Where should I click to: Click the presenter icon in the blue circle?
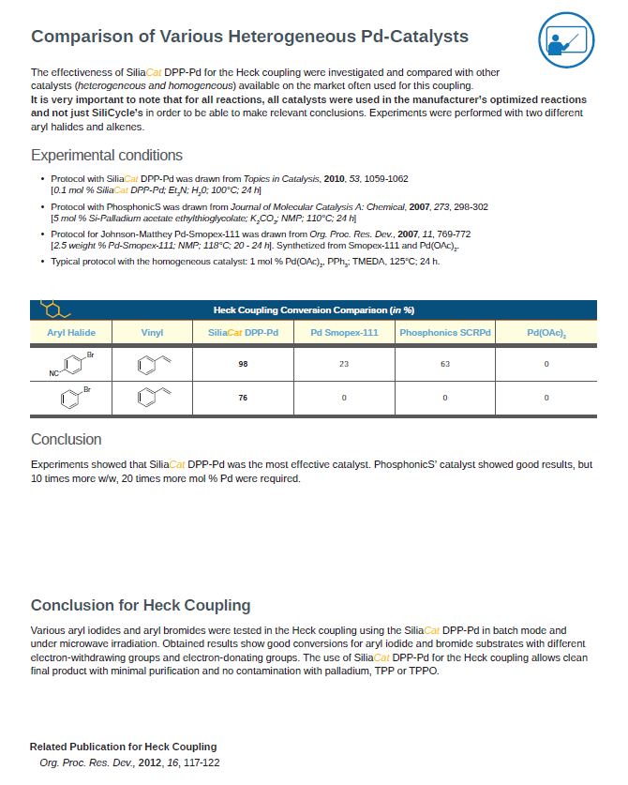[566, 40]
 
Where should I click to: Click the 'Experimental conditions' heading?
[107, 156]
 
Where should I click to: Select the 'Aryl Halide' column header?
[71, 333]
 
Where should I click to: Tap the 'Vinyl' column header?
[152, 333]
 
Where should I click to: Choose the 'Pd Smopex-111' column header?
[344, 333]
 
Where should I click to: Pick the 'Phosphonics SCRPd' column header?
[445, 333]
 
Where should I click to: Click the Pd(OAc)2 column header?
[546, 334]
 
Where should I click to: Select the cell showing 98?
[243, 364]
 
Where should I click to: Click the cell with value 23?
[344, 364]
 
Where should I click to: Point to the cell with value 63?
[445, 364]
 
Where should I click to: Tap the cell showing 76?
[243, 399]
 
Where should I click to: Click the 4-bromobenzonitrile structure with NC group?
[71, 364]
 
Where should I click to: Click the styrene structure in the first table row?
[151, 364]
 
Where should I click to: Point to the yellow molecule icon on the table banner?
[54, 309]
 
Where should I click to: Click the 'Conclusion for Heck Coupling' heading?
[141, 605]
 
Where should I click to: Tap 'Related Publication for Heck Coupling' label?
[123, 747]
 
